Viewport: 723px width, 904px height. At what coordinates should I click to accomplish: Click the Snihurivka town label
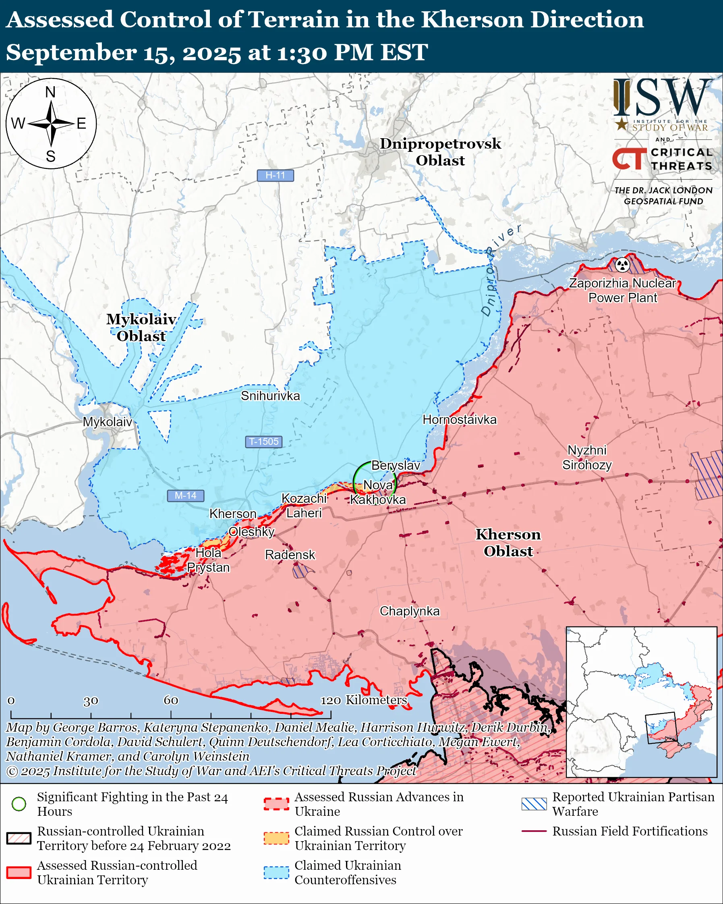pos(270,396)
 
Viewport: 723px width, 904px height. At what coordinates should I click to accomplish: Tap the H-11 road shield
pos(275,175)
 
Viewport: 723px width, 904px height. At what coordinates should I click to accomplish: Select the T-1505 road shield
pos(264,442)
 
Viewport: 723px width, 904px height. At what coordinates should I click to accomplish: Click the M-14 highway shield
pos(185,496)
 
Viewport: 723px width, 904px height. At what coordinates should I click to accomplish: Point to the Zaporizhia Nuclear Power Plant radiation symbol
pos(622,265)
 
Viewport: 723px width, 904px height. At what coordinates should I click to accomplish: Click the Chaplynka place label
pos(410,611)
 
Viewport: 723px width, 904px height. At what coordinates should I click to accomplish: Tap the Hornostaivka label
pos(459,419)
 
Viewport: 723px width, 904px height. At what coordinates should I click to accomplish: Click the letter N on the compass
pos(50,92)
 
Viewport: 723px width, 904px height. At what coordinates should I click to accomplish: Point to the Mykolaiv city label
pos(107,422)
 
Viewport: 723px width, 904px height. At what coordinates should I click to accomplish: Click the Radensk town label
pos(290,555)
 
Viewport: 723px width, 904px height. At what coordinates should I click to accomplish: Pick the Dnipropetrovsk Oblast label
pos(440,152)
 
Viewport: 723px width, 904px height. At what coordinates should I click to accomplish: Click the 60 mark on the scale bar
pos(171,700)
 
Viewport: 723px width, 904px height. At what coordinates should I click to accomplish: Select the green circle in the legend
pos(19,804)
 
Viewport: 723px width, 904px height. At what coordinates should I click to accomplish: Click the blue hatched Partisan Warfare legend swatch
pos(534,804)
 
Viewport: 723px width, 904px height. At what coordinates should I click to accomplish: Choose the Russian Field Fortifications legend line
pos(534,831)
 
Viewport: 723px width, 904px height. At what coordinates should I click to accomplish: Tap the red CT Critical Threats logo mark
pos(629,158)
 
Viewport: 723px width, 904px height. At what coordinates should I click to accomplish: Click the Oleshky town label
pos(251,532)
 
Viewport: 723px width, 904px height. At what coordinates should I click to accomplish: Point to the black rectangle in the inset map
pos(661,728)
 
